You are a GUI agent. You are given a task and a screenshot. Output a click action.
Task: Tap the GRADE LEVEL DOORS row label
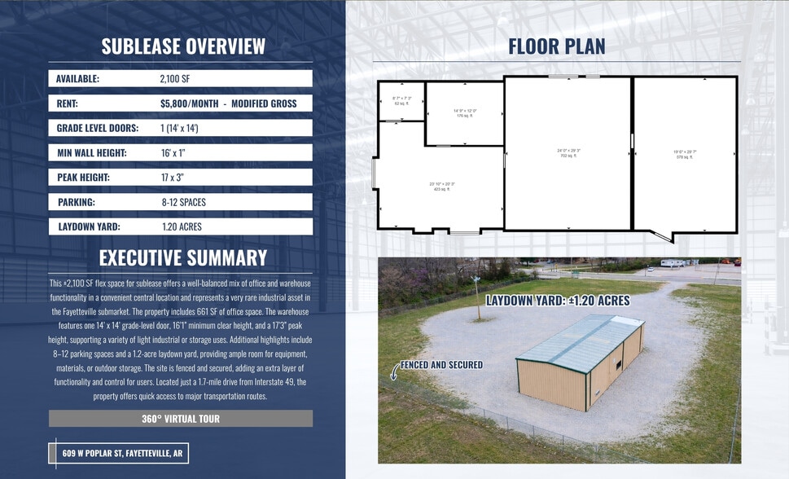(x=97, y=128)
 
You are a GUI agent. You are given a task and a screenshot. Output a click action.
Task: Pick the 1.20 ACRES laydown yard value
(x=182, y=226)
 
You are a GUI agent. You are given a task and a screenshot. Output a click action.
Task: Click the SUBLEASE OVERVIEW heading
(x=183, y=46)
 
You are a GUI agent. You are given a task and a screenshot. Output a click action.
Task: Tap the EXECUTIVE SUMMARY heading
(x=183, y=258)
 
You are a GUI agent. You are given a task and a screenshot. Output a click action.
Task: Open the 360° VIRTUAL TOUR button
(x=181, y=419)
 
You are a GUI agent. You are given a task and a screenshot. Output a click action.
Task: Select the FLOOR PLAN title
(x=557, y=46)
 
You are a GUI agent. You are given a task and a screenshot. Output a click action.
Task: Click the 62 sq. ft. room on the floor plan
(x=402, y=102)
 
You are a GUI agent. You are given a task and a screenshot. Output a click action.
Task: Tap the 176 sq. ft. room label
(x=464, y=113)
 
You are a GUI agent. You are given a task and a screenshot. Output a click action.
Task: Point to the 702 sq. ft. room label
(x=568, y=152)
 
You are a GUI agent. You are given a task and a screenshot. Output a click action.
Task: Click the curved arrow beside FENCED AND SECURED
(x=395, y=371)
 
